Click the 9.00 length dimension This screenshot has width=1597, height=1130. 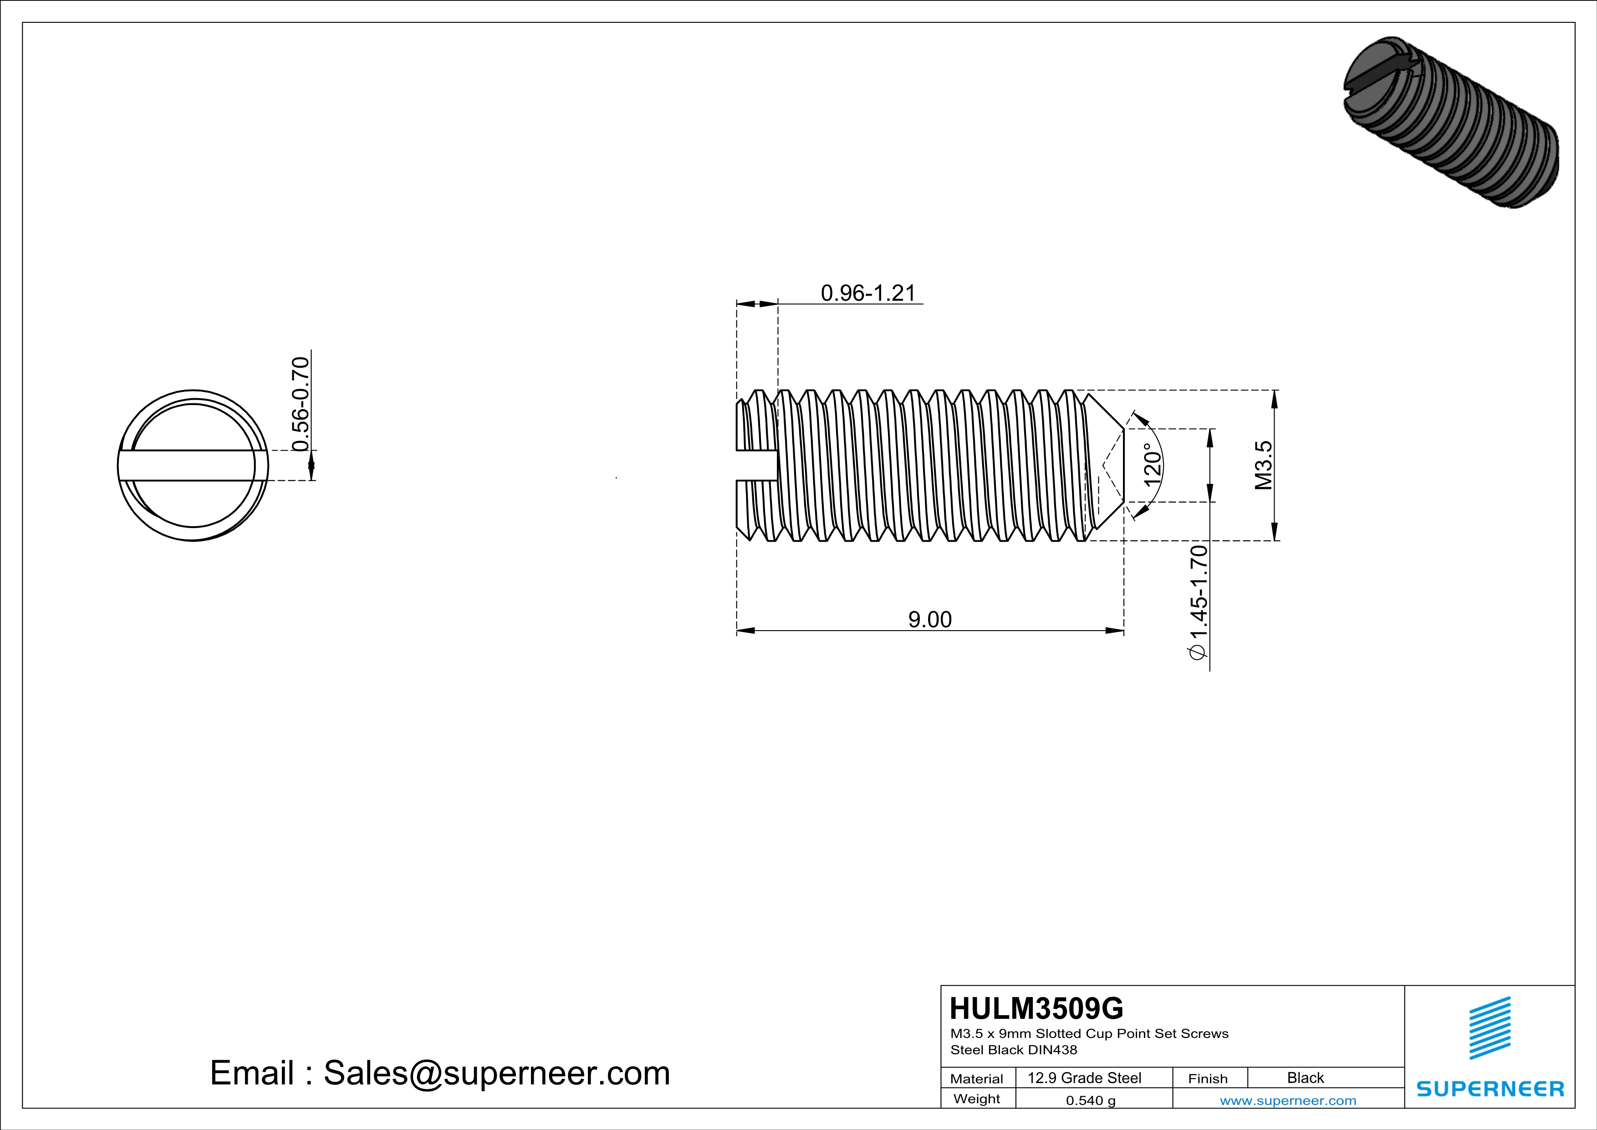click(x=929, y=619)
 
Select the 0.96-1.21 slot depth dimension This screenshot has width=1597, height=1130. click(x=867, y=293)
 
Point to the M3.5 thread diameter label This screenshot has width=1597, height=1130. click(x=1263, y=465)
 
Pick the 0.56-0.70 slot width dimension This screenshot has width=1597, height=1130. click(x=300, y=404)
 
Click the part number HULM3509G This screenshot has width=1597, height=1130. click(x=1036, y=1008)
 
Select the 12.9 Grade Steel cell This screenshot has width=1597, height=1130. click(x=1084, y=1078)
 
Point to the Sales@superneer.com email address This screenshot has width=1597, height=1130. click(x=497, y=1073)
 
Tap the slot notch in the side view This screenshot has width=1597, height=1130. click(x=757, y=466)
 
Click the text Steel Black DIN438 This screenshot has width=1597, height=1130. click(x=1013, y=1050)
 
